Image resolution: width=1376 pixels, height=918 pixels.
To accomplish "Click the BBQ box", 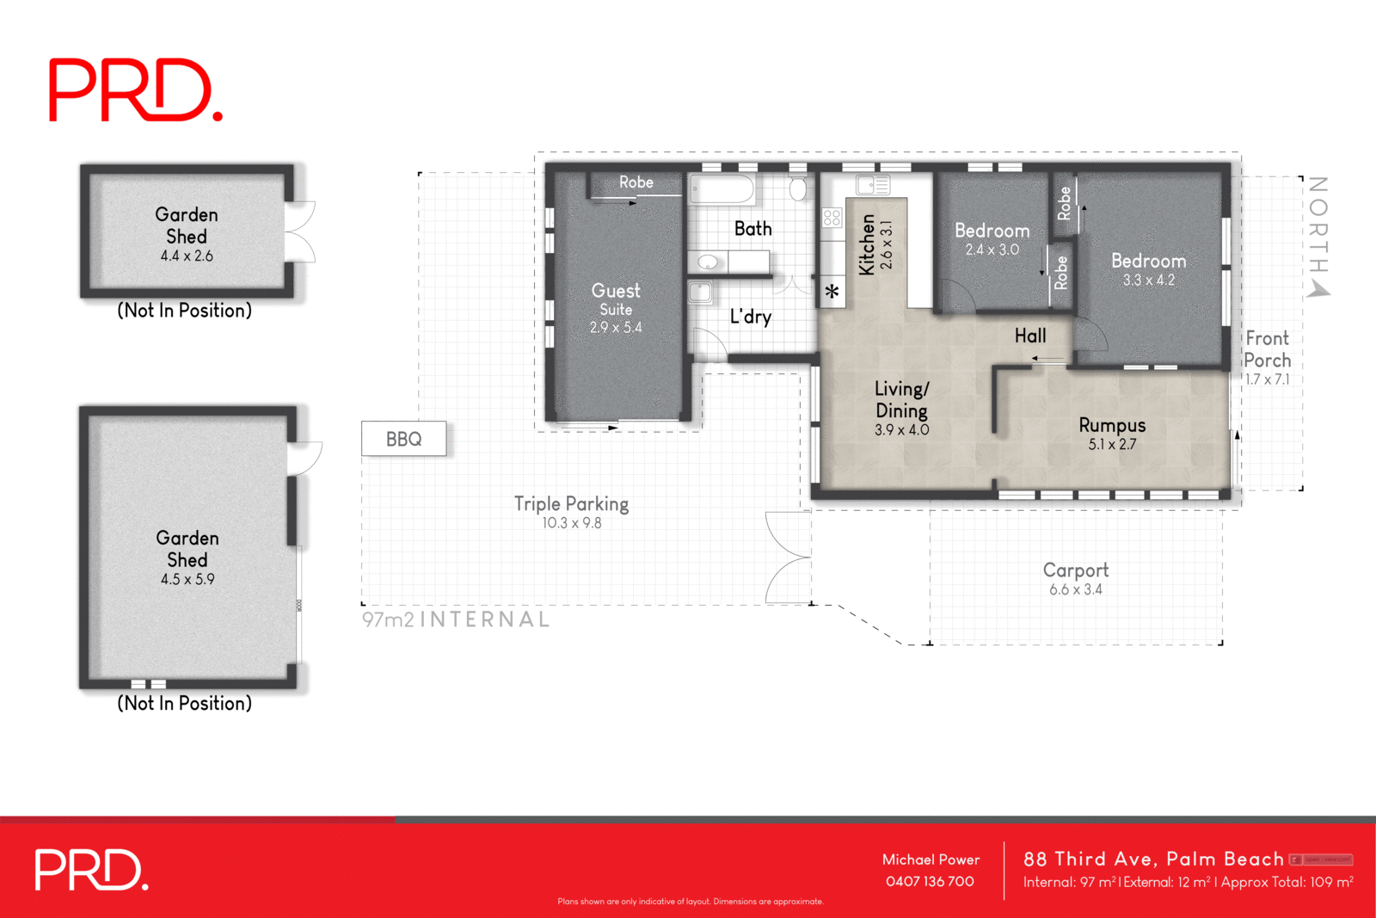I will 403,439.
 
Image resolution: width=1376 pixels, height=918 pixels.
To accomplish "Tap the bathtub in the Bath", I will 722,188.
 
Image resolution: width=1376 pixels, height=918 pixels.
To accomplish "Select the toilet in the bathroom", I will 797,188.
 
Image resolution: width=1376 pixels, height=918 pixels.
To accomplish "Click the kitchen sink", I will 872,185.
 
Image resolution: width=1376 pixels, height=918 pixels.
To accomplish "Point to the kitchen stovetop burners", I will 832,218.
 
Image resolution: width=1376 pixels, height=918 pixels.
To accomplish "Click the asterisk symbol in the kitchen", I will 832,293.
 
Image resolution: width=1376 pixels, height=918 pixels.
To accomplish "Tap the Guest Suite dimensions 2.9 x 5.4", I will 616,328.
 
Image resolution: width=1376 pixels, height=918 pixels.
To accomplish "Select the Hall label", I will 1030,336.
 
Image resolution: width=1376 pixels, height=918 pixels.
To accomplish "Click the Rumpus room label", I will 1112,425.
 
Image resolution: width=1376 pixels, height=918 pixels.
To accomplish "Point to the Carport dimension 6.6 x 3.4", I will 1075,590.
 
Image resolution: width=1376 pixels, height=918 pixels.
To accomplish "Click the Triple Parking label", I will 571,504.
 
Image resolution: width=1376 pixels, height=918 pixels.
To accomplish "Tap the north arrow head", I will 1318,290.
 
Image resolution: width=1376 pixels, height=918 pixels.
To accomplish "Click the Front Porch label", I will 1268,349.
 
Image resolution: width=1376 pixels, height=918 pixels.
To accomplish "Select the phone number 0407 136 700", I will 930,882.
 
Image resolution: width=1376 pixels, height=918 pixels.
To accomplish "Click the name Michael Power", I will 931,859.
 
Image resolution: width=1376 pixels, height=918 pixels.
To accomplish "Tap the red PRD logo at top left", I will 136,90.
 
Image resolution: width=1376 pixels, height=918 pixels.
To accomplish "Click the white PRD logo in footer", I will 91,870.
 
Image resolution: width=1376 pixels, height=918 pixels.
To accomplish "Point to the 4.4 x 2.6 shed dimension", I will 187,256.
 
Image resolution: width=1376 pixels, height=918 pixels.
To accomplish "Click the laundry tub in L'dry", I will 700,292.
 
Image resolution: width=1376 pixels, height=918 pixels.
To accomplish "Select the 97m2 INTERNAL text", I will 456,619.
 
